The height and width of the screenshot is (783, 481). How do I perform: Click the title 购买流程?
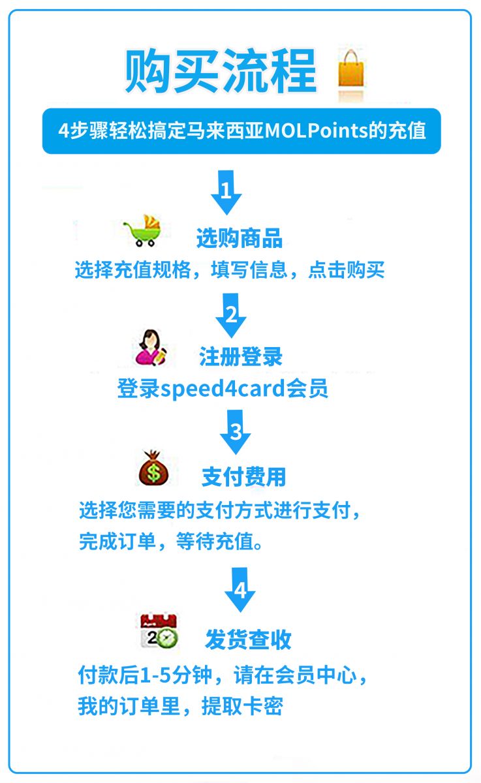click(x=221, y=71)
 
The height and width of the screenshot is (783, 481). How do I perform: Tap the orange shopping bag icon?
click(x=351, y=69)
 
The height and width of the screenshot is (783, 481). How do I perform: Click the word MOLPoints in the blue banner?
click(x=317, y=130)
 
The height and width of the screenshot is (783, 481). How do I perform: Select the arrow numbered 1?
click(x=226, y=192)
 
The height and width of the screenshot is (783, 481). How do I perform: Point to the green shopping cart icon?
click(x=144, y=231)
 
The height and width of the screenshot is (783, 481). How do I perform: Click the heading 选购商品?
click(x=240, y=238)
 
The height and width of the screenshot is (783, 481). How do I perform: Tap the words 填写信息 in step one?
click(x=249, y=269)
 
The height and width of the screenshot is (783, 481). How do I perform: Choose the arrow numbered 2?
click(x=231, y=315)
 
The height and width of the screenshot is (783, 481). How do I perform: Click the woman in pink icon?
click(x=151, y=347)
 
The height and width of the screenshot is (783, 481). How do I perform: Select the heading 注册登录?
click(x=241, y=357)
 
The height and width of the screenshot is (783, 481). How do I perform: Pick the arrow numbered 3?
click(x=235, y=432)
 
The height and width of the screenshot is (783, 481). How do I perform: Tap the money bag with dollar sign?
click(x=153, y=468)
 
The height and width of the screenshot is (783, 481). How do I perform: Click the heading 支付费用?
click(x=243, y=477)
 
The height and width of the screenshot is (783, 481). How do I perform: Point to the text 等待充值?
click(x=214, y=542)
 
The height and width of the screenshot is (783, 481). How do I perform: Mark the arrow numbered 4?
click(x=240, y=590)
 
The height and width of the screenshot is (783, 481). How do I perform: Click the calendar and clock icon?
click(x=159, y=631)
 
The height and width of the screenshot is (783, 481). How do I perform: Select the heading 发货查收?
click(x=248, y=639)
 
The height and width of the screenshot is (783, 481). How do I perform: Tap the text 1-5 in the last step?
click(x=155, y=675)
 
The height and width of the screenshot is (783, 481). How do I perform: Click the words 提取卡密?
click(x=242, y=706)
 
